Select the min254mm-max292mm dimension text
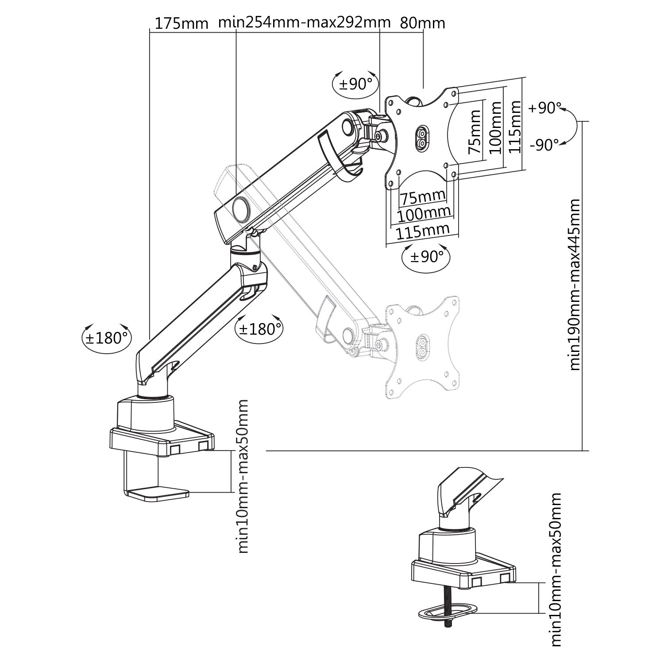pos(305,22)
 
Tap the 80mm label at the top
pos(422,23)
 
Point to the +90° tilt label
pos(545,108)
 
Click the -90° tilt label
pos(544,145)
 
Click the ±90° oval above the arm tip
pos(355,83)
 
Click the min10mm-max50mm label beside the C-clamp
pos(243,476)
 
